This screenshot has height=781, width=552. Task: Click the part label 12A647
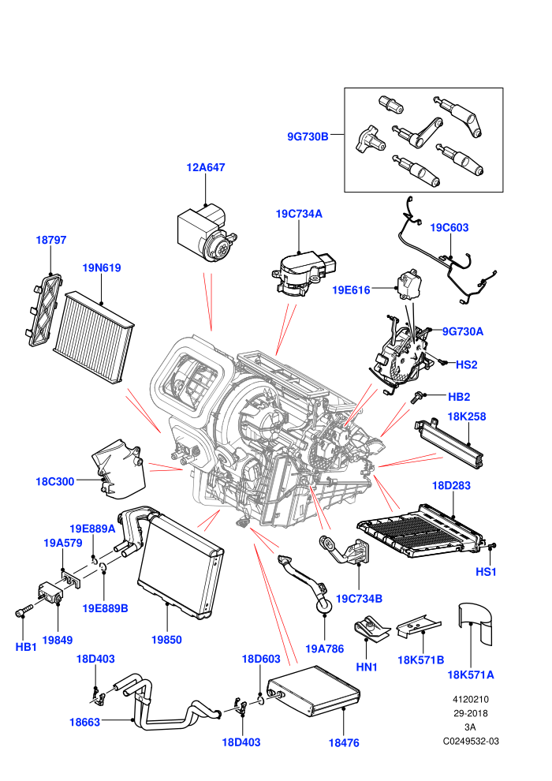click(x=206, y=167)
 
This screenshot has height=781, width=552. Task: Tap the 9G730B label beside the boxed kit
click(x=308, y=136)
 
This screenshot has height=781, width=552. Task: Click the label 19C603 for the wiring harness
click(x=449, y=228)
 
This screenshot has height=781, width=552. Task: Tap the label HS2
click(x=466, y=364)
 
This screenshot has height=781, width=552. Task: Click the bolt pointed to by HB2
click(x=416, y=397)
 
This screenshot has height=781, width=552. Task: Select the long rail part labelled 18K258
click(x=449, y=443)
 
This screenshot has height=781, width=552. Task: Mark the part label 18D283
click(x=451, y=485)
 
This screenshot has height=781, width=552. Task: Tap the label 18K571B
click(x=420, y=660)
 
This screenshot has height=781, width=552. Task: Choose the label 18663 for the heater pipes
click(x=84, y=722)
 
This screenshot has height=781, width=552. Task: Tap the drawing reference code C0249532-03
click(x=471, y=741)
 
